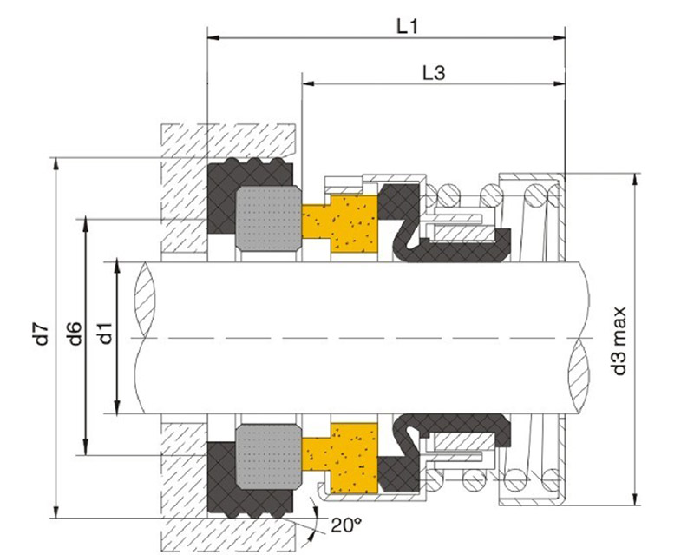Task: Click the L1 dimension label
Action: (407, 27)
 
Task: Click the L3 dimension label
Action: (434, 72)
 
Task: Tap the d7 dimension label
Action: (42, 334)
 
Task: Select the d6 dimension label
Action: (75, 334)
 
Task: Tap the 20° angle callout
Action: (346, 525)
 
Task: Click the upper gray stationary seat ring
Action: (269, 218)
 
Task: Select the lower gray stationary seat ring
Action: (269, 457)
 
